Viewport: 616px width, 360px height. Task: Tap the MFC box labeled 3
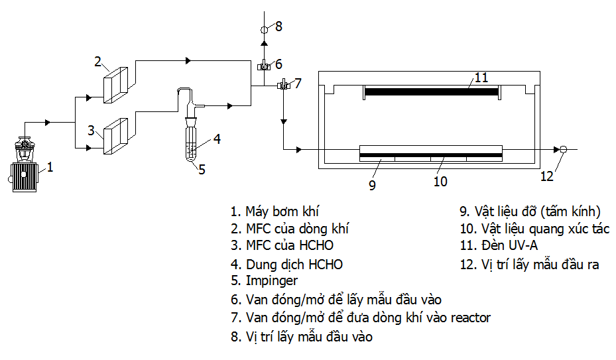tap(115, 135)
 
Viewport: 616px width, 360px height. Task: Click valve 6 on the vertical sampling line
tap(263, 66)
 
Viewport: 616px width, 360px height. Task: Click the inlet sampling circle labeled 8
tap(263, 29)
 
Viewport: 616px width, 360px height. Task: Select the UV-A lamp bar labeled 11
tap(432, 91)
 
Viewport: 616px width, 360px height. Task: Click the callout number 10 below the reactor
tap(440, 181)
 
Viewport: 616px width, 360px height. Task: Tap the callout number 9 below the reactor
tap(372, 186)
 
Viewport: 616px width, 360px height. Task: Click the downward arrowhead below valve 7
tap(283, 122)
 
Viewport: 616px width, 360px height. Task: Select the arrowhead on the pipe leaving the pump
tap(48, 122)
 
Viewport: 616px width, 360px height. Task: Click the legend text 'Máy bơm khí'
tap(282, 211)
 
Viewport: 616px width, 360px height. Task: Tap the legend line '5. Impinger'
tap(264, 281)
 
